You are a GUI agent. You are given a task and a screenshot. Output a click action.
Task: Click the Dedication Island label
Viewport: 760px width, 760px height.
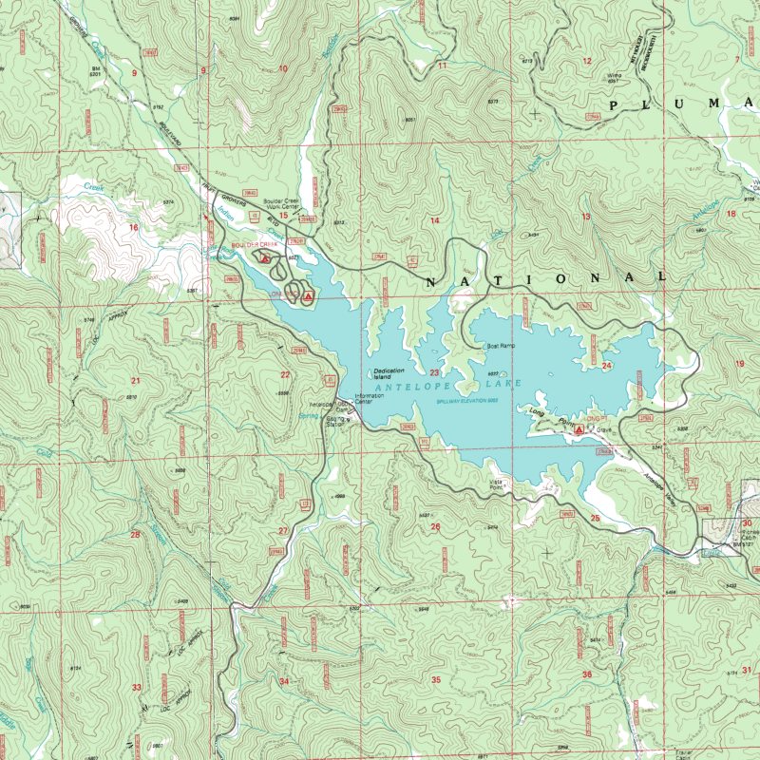pos(389,372)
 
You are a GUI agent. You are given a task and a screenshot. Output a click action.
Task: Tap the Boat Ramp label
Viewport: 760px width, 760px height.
pos(500,346)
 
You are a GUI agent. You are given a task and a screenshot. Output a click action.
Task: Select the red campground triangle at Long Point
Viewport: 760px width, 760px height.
pos(579,430)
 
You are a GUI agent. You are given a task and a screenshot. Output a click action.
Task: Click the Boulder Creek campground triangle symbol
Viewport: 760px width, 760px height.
pos(265,256)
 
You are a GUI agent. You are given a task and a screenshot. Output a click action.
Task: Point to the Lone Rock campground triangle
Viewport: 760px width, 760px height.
pos(308,298)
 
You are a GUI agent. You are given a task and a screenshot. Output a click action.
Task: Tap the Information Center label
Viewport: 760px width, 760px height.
pos(370,399)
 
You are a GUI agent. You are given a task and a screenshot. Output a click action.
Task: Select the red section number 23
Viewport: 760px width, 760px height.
pos(434,373)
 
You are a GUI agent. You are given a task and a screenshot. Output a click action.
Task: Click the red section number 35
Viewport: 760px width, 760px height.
pos(436,679)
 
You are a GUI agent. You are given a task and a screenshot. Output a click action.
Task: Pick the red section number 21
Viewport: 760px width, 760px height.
pos(135,381)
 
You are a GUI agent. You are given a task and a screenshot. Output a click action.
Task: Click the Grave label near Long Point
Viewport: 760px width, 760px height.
pos(602,429)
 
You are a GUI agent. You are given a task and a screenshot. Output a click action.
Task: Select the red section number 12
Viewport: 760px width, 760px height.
pos(587,62)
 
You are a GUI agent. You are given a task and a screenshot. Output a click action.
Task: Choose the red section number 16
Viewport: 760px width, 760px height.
pos(134,228)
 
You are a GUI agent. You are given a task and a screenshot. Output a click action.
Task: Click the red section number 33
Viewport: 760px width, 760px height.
pos(137,687)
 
